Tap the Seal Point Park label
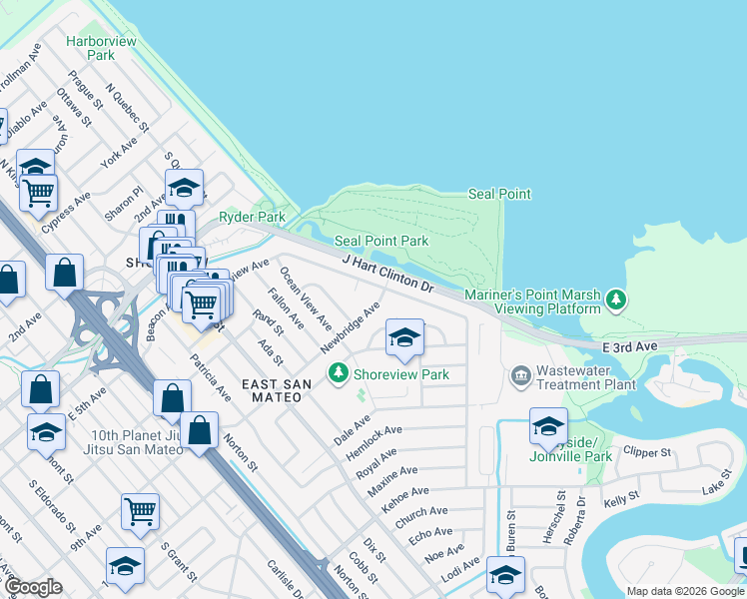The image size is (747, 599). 380,241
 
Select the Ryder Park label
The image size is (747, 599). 252,217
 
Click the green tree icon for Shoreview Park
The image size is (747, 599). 339,373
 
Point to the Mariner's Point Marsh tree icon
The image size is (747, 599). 617,299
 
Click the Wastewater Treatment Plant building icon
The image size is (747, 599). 520,375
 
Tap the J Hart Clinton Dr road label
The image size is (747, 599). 389,274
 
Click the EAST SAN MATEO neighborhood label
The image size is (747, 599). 272,390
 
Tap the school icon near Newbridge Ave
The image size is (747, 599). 403,338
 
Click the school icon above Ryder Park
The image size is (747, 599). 184,187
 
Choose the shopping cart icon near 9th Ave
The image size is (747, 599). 140,511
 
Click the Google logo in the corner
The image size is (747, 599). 33,587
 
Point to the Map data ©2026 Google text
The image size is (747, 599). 684,591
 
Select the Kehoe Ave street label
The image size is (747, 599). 404,499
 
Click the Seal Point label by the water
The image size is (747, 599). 500,194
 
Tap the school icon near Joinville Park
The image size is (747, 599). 547,426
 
